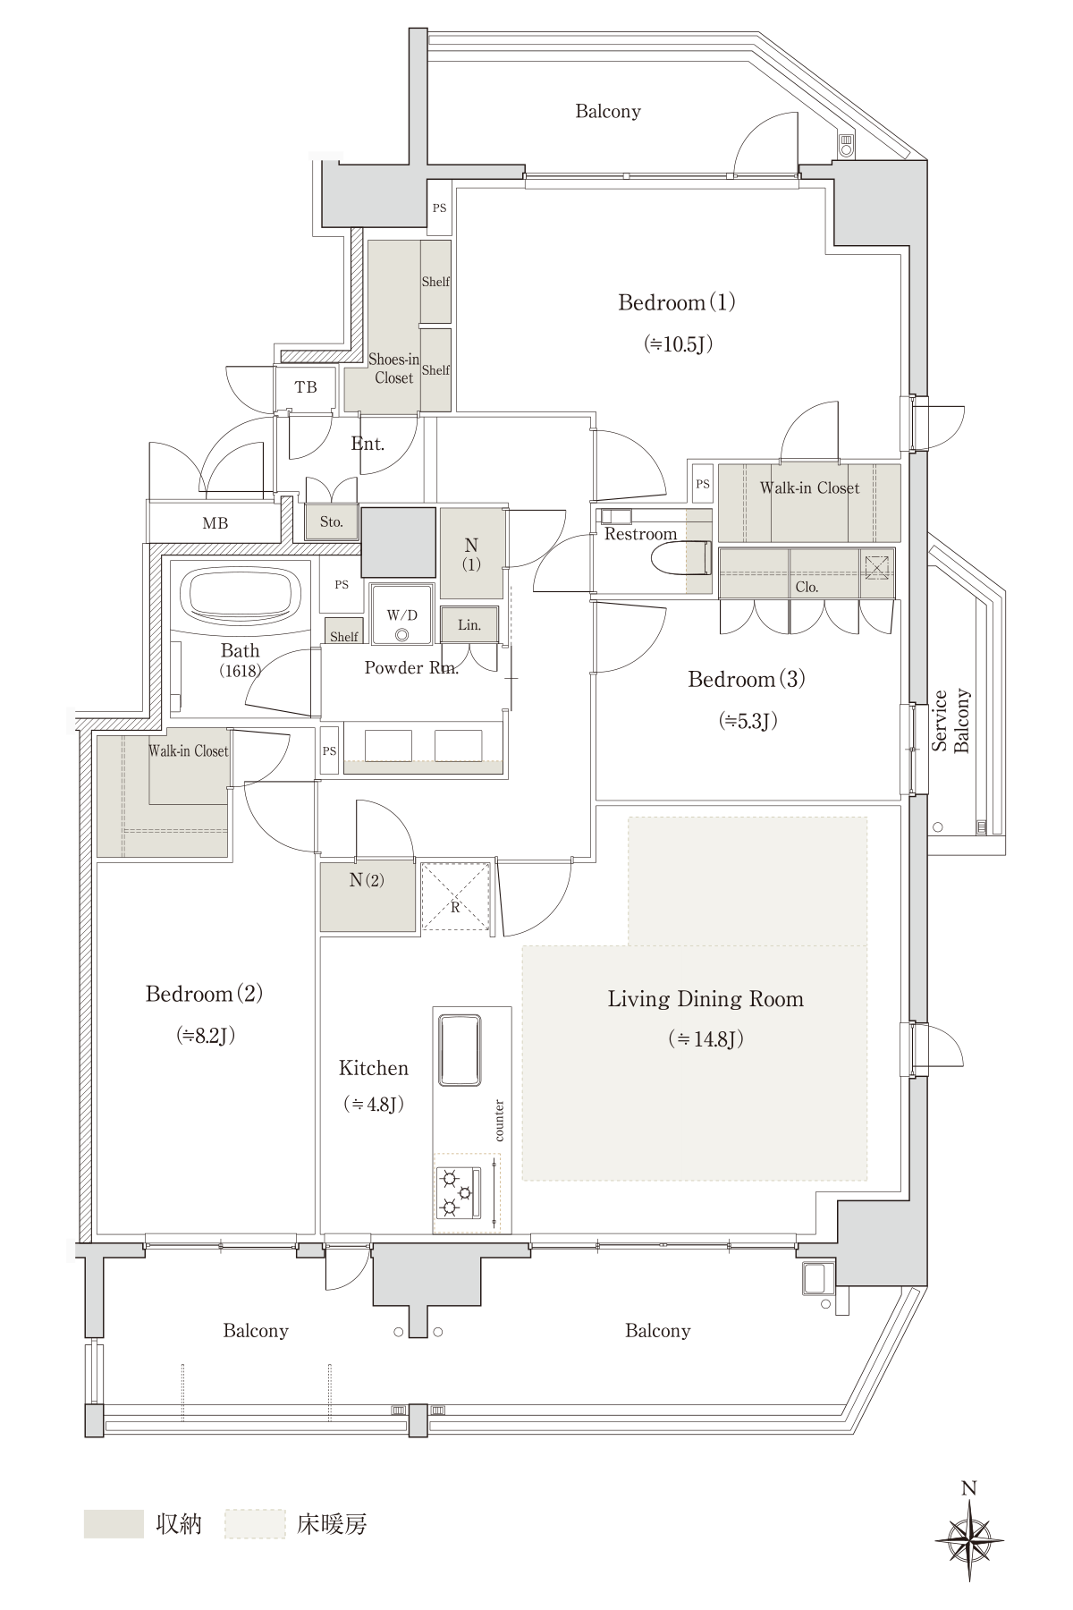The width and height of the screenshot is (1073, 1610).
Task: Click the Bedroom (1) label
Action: (x=677, y=302)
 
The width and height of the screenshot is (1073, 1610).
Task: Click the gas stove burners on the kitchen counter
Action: (x=459, y=1193)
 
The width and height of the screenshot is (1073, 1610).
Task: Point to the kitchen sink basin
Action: (x=460, y=1048)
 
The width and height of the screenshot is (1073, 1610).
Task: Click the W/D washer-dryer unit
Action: (x=402, y=614)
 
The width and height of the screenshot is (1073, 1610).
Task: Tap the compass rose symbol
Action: (x=968, y=1542)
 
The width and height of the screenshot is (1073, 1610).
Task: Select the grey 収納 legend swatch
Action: (x=114, y=1524)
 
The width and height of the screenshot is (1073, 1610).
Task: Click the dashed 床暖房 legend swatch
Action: (x=255, y=1524)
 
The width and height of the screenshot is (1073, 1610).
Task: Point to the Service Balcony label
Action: (x=950, y=721)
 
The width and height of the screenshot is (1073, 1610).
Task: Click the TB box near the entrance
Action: (x=306, y=388)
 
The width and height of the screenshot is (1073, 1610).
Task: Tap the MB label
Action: (x=215, y=524)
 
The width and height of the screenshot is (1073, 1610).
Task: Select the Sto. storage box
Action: (x=332, y=521)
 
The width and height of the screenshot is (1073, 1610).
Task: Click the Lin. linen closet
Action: (x=469, y=625)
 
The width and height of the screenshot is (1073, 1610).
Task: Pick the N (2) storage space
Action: (x=368, y=896)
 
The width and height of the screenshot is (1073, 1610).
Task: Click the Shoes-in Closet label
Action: (x=393, y=369)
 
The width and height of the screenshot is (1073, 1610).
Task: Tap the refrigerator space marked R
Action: (x=455, y=896)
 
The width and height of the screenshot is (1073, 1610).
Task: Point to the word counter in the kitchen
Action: (x=499, y=1121)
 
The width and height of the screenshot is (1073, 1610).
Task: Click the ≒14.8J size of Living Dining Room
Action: (x=706, y=1039)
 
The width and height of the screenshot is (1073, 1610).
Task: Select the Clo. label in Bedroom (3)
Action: (x=807, y=588)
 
